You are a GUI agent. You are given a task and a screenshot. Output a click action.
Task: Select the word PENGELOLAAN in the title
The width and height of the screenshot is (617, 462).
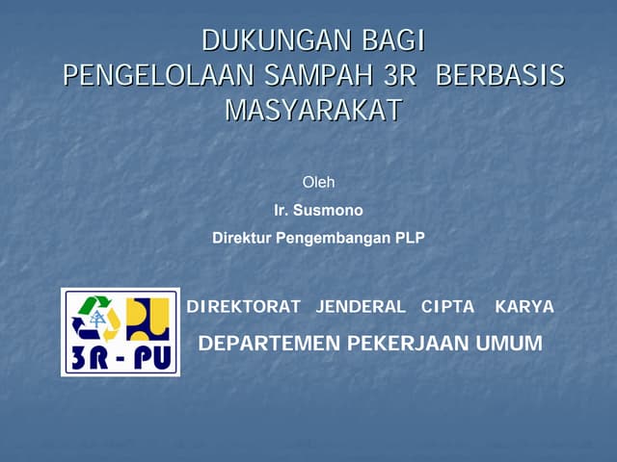[x=157, y=76]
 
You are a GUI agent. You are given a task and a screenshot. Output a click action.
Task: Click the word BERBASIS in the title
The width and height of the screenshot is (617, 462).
[x=500, y=76]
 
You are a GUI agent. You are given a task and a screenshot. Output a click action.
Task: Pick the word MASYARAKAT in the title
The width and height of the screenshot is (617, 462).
[x=312, y=111]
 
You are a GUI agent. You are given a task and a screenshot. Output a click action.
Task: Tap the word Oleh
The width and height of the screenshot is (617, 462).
[x=318, y=182]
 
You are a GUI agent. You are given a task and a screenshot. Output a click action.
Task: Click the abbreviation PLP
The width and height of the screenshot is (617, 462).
[x=410, y=237]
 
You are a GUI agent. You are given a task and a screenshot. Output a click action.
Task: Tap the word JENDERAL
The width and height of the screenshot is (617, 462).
[x=360, y=307]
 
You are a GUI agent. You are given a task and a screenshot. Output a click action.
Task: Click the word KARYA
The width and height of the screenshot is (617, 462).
[x=523, y=307]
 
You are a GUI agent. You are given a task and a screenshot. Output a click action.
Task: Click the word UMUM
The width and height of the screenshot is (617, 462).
[x=509, y=343]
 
